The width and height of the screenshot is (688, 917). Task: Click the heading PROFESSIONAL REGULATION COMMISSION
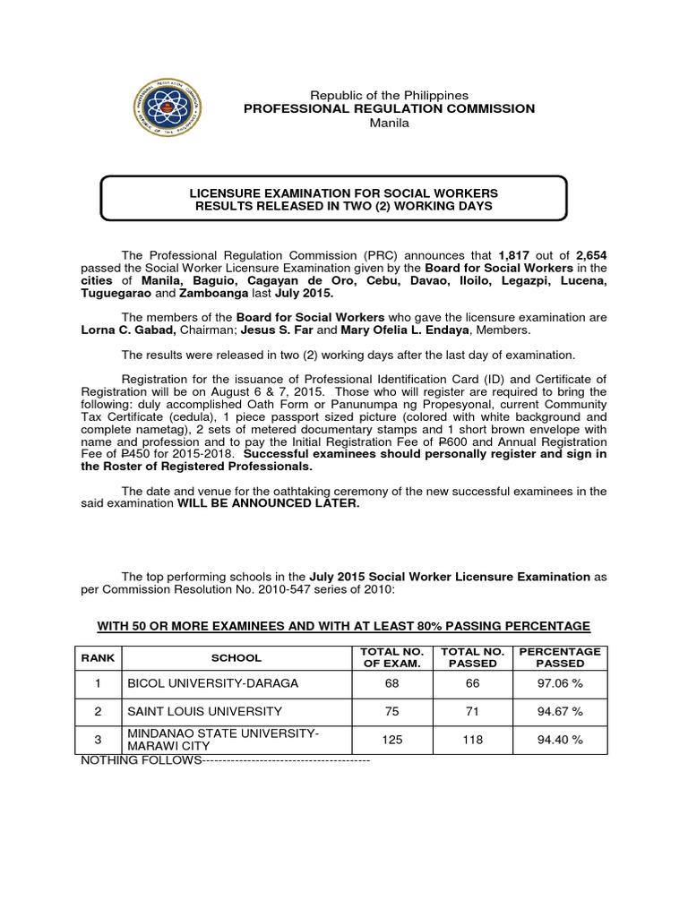(x=390, y=108)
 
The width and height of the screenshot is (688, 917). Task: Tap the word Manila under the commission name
(x=389, y=123)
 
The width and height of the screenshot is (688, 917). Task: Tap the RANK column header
(x=99, y=657)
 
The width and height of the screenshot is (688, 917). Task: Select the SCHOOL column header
(x=236, y=657)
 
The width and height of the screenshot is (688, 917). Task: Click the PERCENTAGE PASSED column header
(x=560, y=657)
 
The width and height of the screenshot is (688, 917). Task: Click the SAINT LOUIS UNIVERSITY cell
(x=204, y=712)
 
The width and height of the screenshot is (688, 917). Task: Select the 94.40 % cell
(x=560, y=740)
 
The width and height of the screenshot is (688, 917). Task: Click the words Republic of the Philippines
(x=389, y=95)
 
